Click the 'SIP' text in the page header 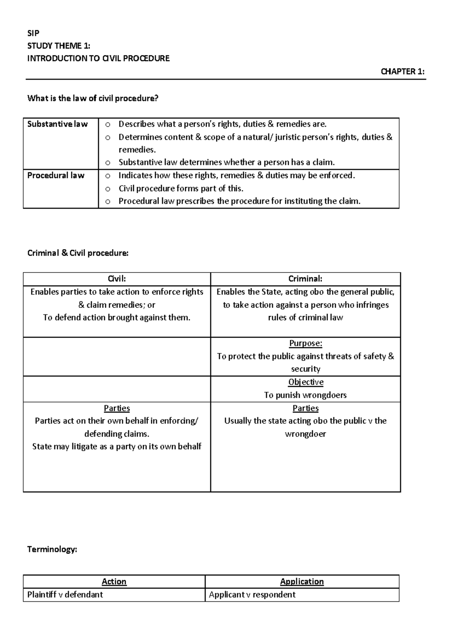pyautogui.click(x=33, y=33)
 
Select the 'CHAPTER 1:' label pyautogui.click(x=402, y=72)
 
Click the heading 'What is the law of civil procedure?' pyautogui.click(x=93, y=99)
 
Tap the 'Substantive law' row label pyautogui.click(x=57, y=124)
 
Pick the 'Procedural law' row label pyautogui.click(x=56, y=175)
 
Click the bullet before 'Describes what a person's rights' pyautogui.click(x=108, y=125)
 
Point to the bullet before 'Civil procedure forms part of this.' pyautogui.click(x=108, y=189)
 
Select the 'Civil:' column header pyautogui.click(x=117, y=279)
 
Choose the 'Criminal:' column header pyautogui.click(x=305, y=279)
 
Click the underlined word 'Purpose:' pyautogui.click(x=305, y=343)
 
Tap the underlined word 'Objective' pyautogui.click(x=306, y=382)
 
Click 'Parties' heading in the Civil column pyautogui.click(x=117, y=408)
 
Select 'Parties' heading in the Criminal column pyautogui.click(x=305, y=408)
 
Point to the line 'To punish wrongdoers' pyautogui.click(x=305, y=395)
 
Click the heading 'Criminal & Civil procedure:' pyautogui.click(x=78, y=253)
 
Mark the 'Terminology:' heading pyautogui.click(x=52, y=549)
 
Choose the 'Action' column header pyautogui.click(x=114, y=582)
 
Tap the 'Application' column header pyautogui.click(x=302, y=582)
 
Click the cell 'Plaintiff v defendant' pyautogui.click(x=65, y=595)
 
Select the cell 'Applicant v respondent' pyautogui.click(x=252, y=595)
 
